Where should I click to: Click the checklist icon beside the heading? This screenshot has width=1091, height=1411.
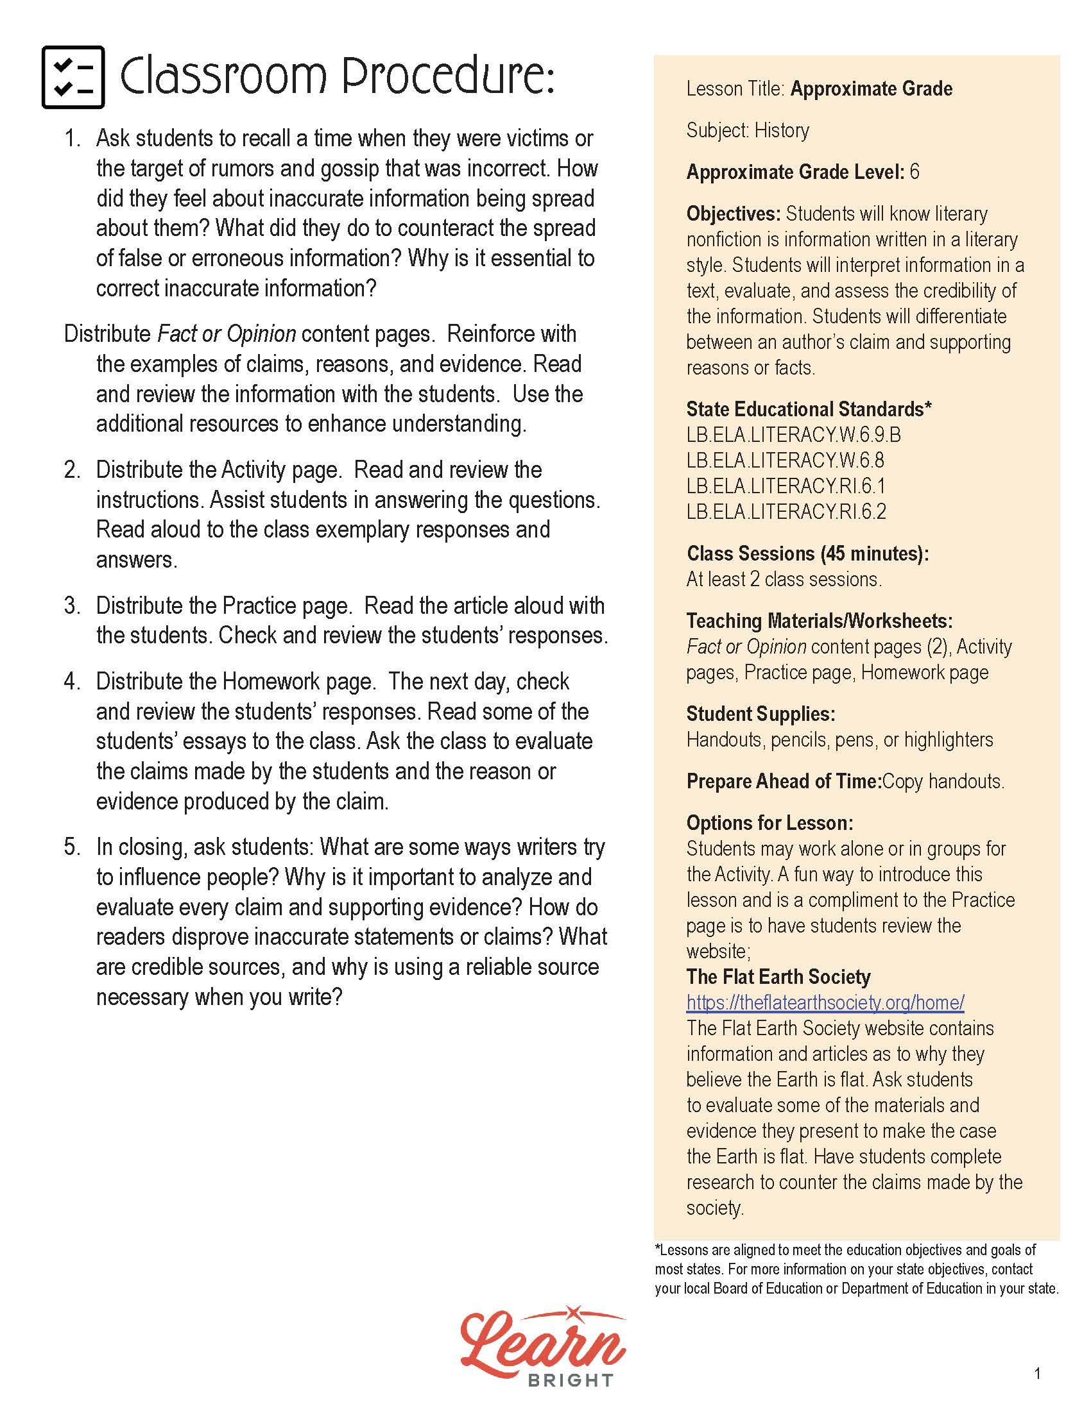click(73, 77)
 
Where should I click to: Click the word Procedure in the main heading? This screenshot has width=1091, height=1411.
click(447, 77)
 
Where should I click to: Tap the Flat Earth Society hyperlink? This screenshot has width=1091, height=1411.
click(825, 1002)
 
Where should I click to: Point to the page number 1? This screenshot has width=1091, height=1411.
click(1037, 1374)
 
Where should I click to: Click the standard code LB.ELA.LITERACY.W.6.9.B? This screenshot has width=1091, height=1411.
click(793, 435)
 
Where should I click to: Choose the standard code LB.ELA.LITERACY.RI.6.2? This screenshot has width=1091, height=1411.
click(786, 512)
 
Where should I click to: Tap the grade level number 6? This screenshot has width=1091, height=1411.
click(914, 172)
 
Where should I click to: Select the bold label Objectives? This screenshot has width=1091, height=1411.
click(734, 214)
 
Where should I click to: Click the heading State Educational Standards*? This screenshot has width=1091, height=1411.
click(809, 409)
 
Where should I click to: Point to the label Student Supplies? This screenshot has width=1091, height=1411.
click(760, 714)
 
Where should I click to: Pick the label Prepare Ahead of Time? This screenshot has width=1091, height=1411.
click(784, 781)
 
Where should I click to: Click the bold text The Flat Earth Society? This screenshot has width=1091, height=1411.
click(778, 976)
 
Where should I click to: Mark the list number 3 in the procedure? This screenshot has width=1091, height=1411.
click(71, 606)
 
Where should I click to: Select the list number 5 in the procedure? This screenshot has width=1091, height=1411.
click(71, 847)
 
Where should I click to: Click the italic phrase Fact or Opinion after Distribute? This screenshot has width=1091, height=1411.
click(227, 334)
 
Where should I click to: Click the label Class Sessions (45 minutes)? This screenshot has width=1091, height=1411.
click(807, 553)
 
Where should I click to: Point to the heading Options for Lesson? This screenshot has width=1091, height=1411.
click(769, 823)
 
